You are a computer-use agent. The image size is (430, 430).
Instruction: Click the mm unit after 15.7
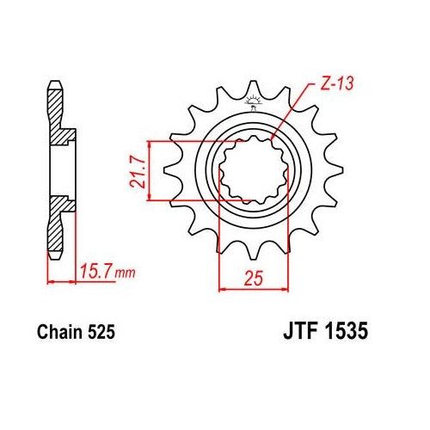[125, 274]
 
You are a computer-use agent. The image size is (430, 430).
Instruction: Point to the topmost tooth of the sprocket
[254, 84]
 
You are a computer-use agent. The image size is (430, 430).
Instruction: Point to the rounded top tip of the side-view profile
[54, 84]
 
